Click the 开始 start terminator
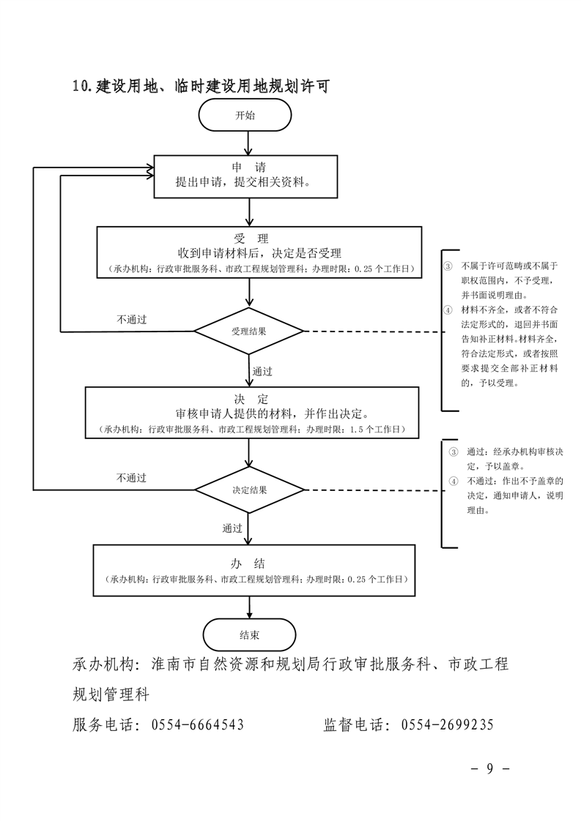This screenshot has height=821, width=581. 245,115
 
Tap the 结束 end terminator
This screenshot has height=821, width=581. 249,634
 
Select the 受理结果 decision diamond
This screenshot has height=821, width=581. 249,331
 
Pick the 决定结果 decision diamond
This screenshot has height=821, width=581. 249,490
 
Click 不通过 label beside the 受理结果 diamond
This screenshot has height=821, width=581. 132,320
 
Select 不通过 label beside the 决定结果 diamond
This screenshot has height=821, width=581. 132,478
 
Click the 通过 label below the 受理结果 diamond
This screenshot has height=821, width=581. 262,371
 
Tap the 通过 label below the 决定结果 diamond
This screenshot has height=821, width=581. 232,528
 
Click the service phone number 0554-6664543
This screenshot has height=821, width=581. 197,725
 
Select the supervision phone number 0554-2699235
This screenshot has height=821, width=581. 448,725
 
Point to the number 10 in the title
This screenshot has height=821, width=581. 81,86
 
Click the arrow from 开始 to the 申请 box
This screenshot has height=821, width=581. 251,143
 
